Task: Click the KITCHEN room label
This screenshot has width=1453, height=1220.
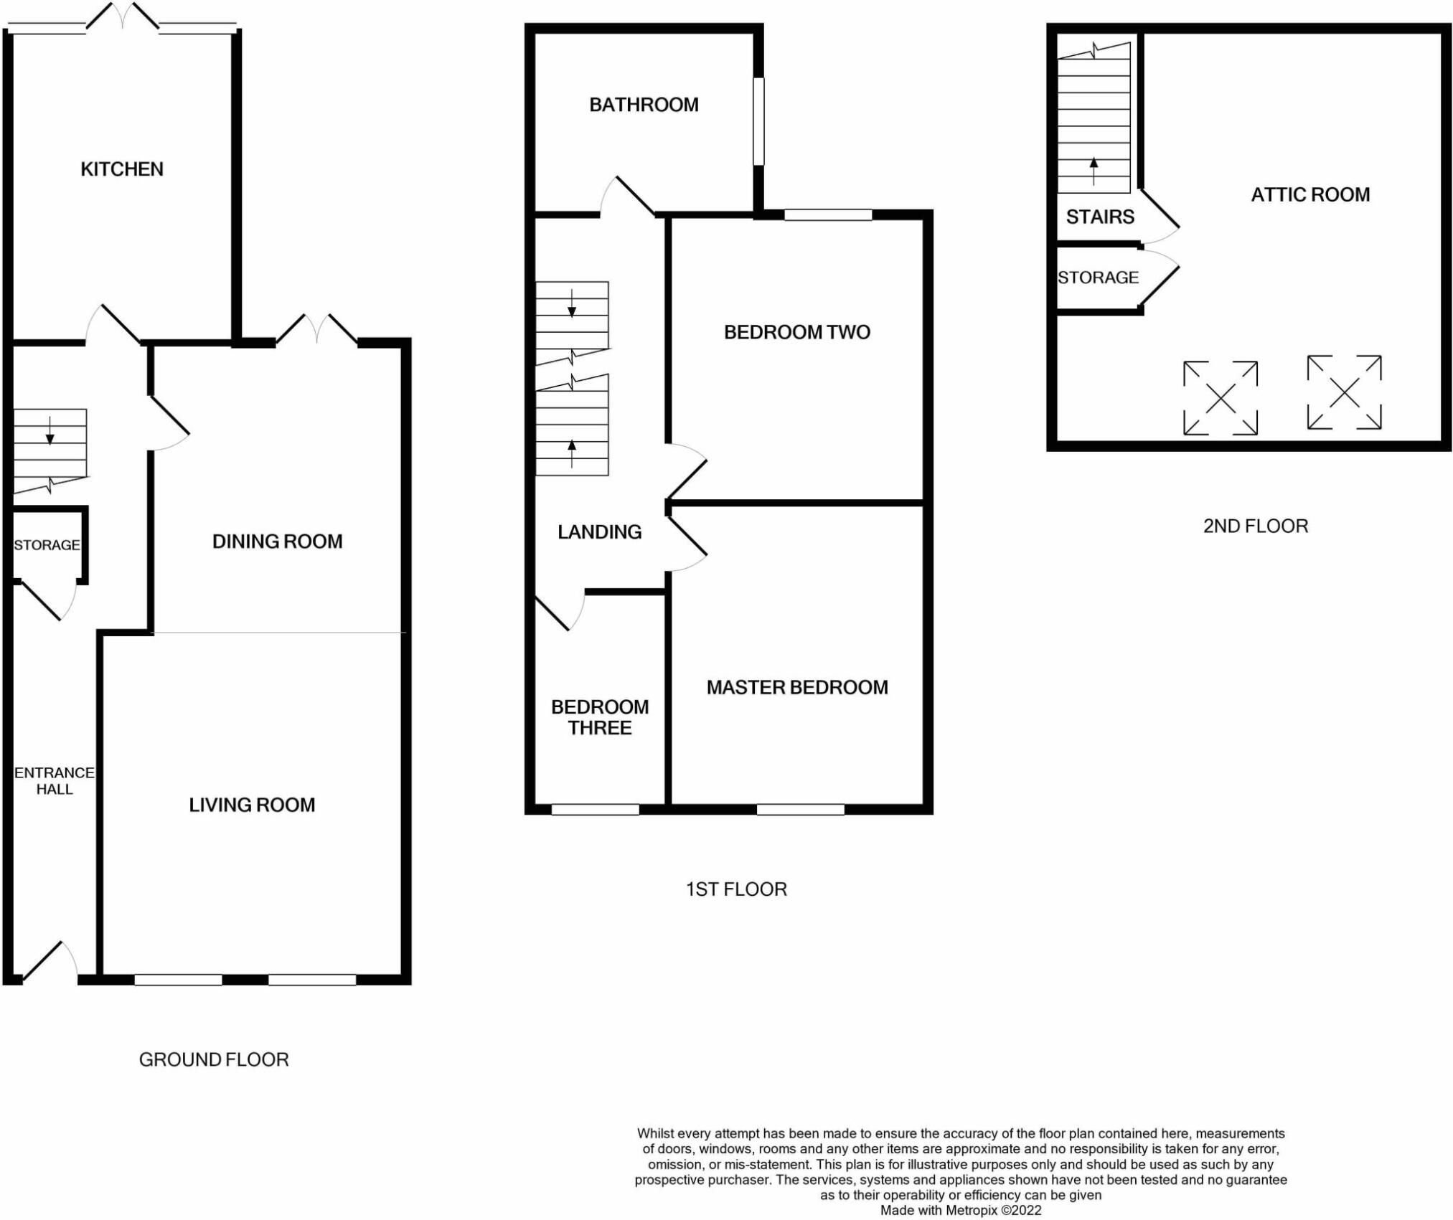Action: [x=122, y=169]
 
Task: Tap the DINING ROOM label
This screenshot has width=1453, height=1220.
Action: [x=277, y=542]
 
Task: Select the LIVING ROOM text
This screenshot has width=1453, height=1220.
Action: [x=252, y=805]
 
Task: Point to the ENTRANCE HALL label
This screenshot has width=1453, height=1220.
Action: [x=55, y=780]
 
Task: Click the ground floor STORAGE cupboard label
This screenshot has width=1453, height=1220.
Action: [x=47, y=545]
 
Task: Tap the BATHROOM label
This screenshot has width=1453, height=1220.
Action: [x=644, y=105]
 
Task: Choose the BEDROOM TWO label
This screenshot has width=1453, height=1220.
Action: [x=796, y=332]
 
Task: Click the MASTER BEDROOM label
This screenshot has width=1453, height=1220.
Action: [x=797, y=687]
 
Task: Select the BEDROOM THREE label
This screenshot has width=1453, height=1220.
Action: [x=600, y=717]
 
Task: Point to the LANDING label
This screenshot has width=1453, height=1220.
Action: [x=600, y=531]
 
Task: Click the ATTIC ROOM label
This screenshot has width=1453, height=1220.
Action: [x=1310, y=194]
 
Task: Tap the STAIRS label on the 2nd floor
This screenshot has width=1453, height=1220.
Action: [x=1100, y=217]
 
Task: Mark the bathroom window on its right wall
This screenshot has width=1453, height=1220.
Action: [x=758, y=121]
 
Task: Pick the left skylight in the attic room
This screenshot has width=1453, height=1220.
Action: [x=1220, y=398]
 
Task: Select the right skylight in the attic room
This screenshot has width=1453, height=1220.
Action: [x=1344, y=392]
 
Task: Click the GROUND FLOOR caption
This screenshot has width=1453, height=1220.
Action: [x=214, y=1059]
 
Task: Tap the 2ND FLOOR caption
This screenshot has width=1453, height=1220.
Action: [x=1256, y=526]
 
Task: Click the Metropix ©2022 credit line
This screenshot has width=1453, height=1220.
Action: [x=961, y=1210]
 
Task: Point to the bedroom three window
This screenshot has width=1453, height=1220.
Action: [x=595, y=810]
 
